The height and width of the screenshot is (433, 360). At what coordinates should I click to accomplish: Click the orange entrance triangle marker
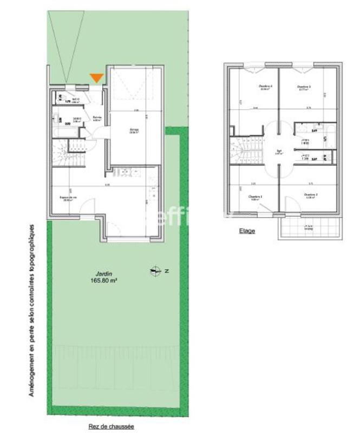coord(96,77)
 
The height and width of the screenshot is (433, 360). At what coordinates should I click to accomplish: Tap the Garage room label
coord(133,130)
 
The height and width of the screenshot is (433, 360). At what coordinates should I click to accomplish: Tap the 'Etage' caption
coord(247,231)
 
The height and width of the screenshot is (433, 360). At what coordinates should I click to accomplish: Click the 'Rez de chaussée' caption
coord(112,427)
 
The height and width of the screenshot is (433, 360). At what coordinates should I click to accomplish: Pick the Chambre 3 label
coord(304,87)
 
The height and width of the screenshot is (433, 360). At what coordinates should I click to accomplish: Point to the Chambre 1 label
coord(255,196)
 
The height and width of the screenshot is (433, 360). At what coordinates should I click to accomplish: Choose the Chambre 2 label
coord(310,195)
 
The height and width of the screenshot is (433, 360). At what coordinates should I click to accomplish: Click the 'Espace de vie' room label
coord(68,198)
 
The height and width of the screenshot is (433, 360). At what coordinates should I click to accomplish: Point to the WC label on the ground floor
coord(75,100)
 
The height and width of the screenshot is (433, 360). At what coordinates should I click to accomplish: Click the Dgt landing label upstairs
coord(278,152)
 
